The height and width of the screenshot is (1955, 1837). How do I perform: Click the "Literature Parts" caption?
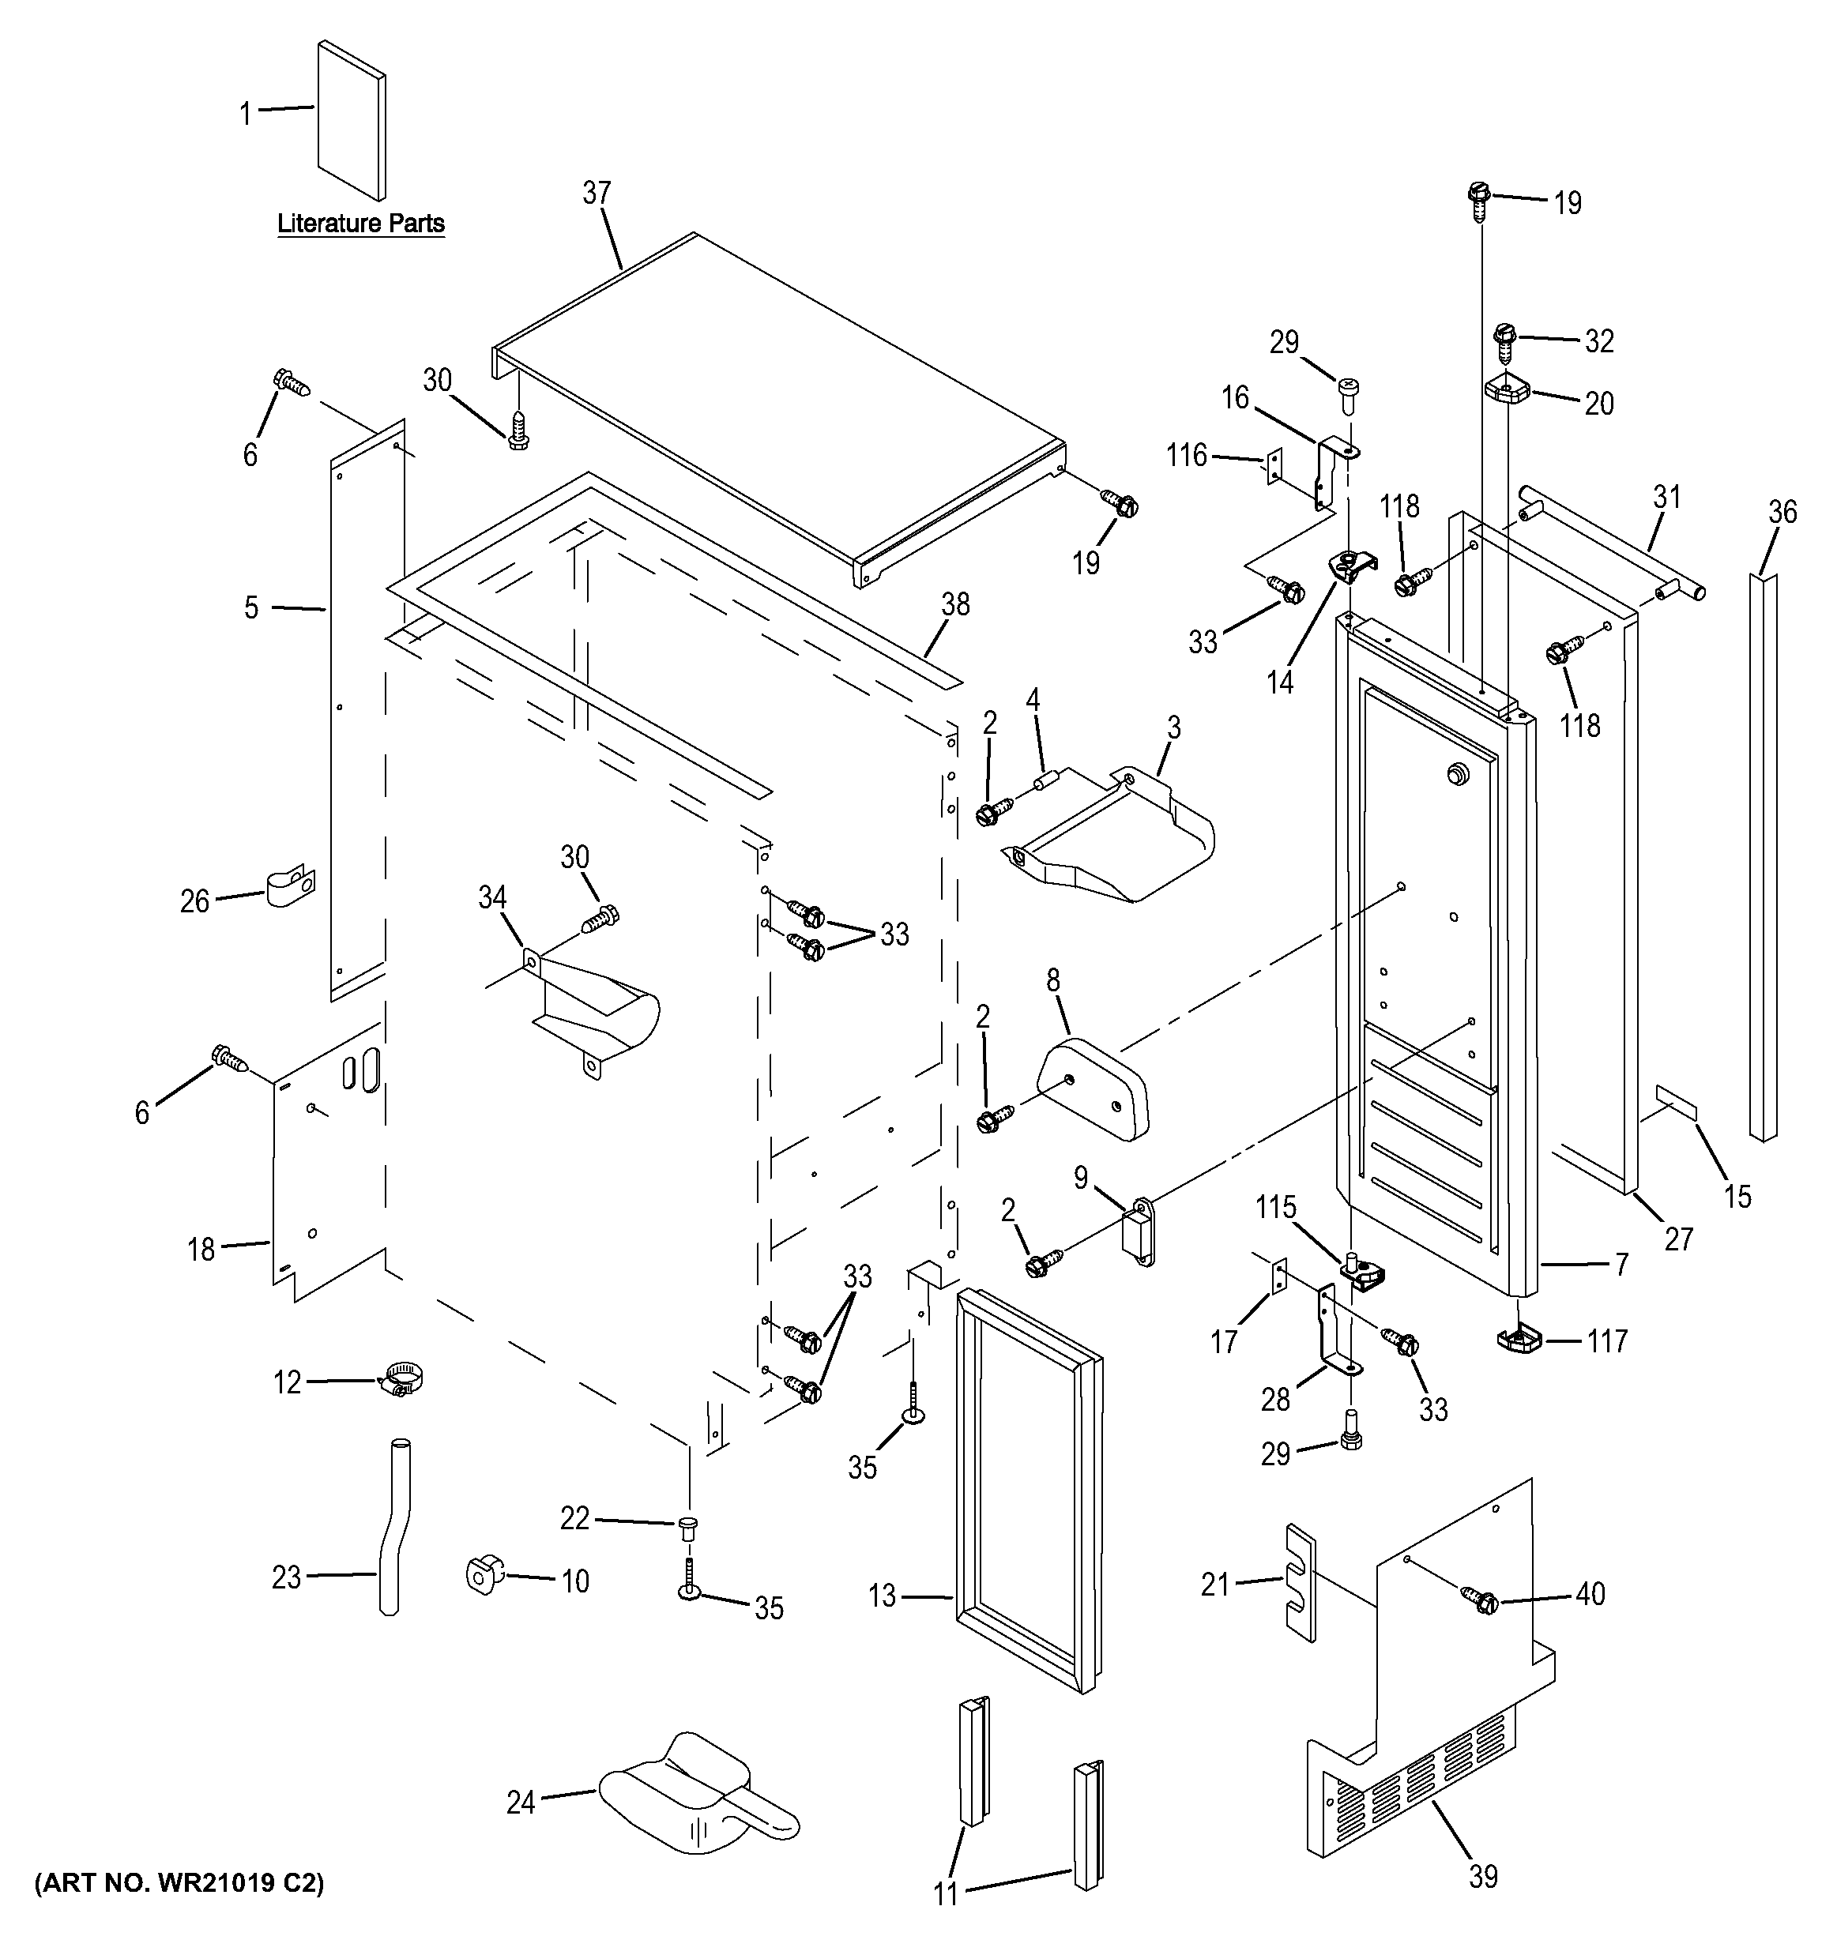(360, 224)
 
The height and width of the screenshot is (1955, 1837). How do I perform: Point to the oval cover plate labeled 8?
(1093, 1088)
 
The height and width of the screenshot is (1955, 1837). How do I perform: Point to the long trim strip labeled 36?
(1764, 856)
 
